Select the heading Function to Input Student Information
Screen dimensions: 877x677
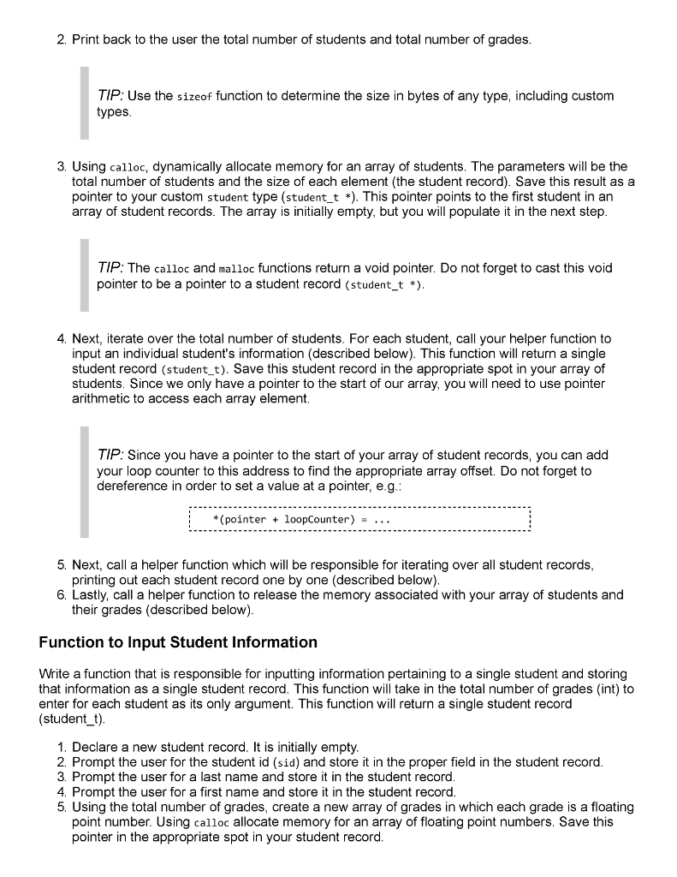pos(178,642)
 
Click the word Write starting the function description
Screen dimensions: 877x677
pos(56,674)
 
